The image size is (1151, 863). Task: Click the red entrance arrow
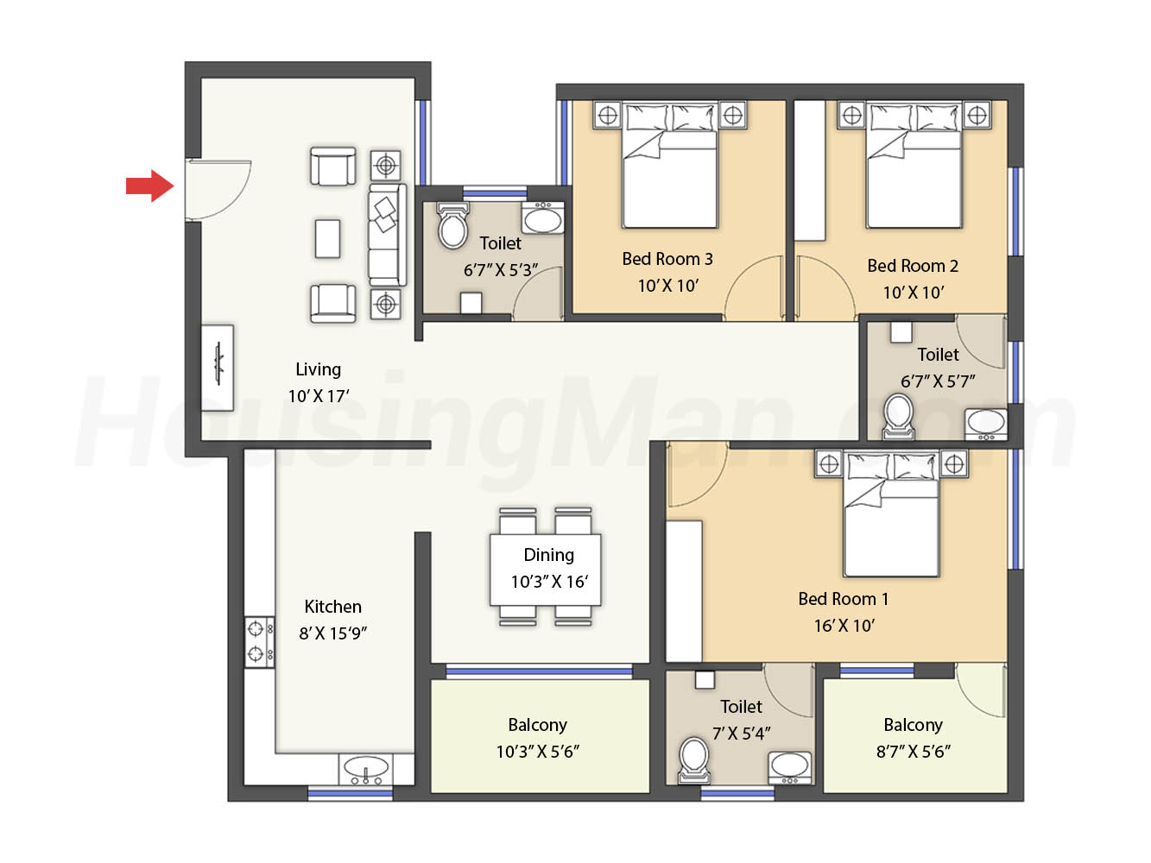click(150, 186)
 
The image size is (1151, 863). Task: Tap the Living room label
click(319, 369)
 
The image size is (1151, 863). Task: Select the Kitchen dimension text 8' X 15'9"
click(333, 633)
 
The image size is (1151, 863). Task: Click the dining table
click(546, 570)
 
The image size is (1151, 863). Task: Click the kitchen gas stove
click(260, 642)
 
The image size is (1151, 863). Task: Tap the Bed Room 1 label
click(844, 599)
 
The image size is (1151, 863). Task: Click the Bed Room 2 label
click(913, 266)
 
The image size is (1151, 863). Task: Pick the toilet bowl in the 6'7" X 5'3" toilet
click(452, 225)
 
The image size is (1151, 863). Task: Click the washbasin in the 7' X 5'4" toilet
click(790, 768)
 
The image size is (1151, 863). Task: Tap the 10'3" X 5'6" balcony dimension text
click(538, 752)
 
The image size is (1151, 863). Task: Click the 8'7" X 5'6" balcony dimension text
click(914, 752)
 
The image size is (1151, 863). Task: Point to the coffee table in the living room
click(328, 239)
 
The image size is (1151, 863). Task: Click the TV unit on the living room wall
click(218, 368)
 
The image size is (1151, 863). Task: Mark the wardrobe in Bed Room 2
click(810, 171)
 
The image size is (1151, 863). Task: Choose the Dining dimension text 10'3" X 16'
click(549, 582)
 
